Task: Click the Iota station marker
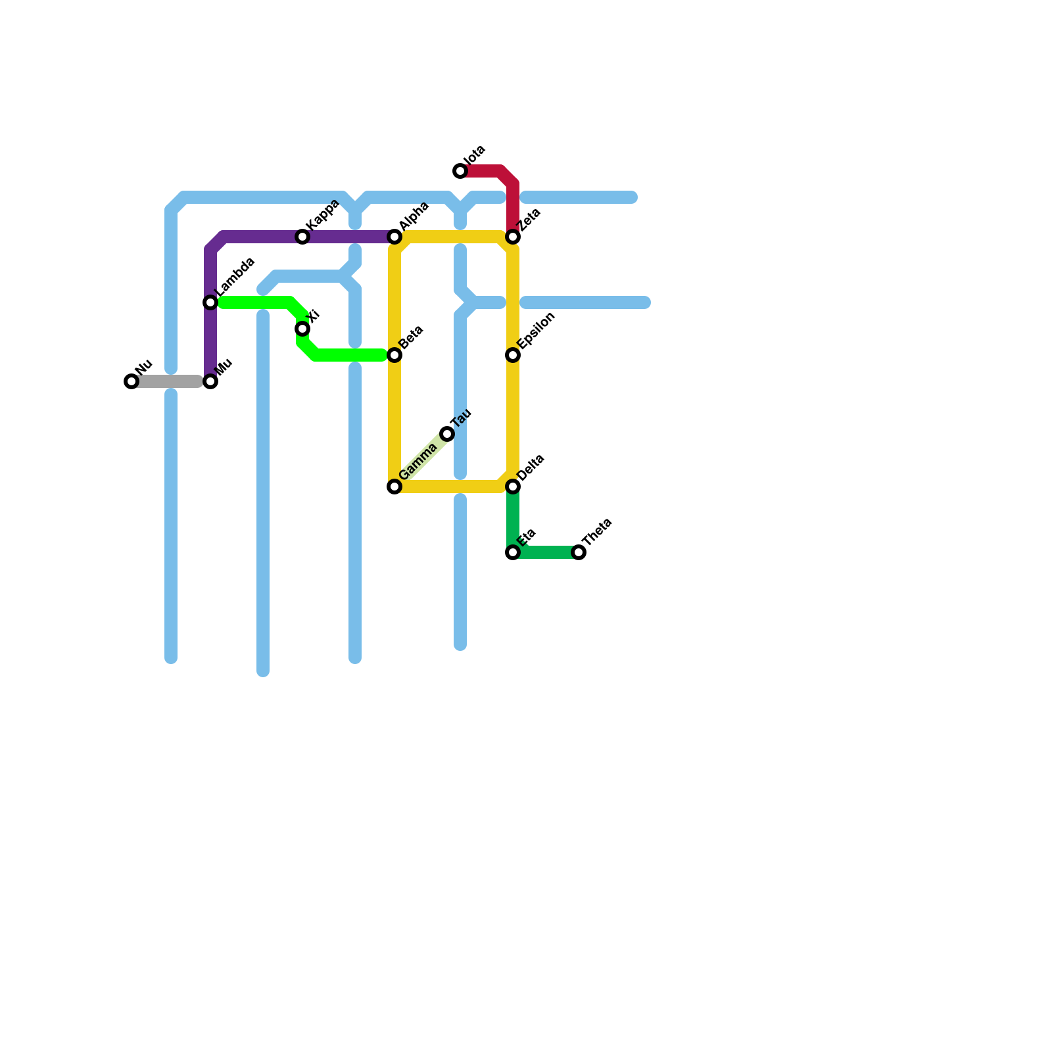click(460, 171)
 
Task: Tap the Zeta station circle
click(513, 237)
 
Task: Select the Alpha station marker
click(394, 237)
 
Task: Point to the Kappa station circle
click(302, 237)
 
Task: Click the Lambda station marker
click(210, 302)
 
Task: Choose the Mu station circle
click(210, 381)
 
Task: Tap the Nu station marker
click(131, 381)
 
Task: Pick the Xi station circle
click(302, 329)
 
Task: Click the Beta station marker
click(394, 355)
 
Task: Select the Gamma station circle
click(394, 487)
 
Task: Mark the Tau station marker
click(447, 434)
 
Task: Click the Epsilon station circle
click(513, 355)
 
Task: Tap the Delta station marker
click(513, 487)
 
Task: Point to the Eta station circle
click(513, 552)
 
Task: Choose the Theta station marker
click(579, 552)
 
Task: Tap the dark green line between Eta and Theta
click(546, 552)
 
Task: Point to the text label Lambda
click(235, 276)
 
